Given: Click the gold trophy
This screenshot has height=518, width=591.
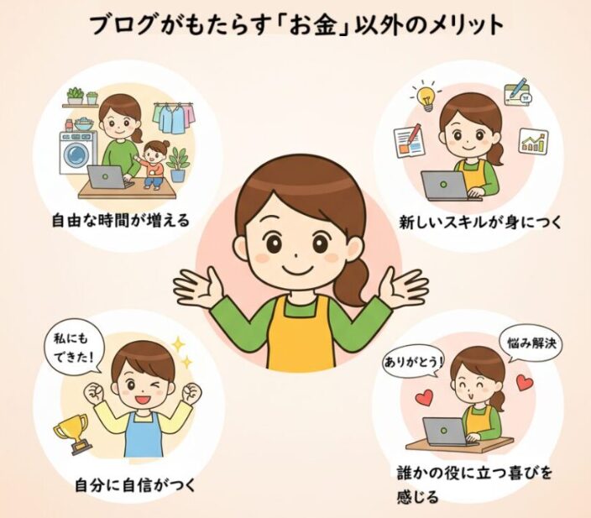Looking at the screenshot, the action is pos(74,433).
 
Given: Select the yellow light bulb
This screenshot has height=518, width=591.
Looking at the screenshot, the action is pos(427,97).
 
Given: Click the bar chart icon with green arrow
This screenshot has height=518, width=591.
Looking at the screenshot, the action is pos(534,140).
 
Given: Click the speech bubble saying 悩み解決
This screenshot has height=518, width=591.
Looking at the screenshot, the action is pos(531,344).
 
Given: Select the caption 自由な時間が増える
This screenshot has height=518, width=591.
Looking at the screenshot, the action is pos(121,220).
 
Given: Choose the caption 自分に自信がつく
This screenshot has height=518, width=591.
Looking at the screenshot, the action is pos(135,484).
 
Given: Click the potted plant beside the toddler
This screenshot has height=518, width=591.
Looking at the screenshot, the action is pos(177,165).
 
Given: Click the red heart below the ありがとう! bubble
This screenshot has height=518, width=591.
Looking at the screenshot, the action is pos(424,398).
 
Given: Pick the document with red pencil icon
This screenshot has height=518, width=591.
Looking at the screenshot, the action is pos(409,139).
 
